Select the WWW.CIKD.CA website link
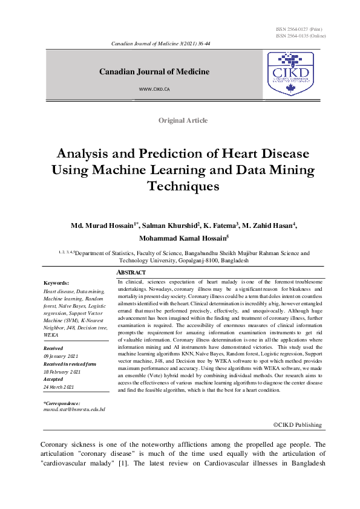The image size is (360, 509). point(154,88)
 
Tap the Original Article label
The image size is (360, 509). point(183,120)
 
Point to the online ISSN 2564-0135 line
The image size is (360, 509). point(300,36)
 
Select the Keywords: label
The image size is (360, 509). point(57,283)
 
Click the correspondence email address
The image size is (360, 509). point(74,409)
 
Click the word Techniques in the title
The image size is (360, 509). point(183,186)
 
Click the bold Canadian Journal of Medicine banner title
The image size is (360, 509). point(154,72)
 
